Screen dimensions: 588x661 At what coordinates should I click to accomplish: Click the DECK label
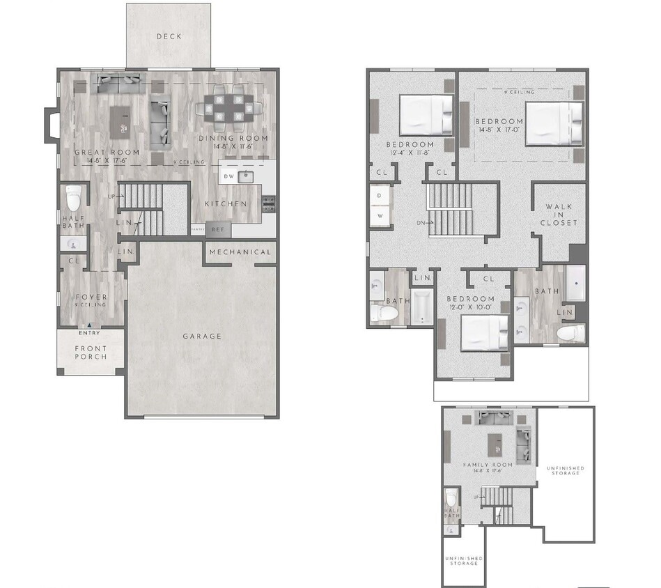click(168, 37)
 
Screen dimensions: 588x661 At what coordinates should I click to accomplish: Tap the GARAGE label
click(202, 336)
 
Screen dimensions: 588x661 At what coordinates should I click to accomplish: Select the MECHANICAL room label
click(240, 252)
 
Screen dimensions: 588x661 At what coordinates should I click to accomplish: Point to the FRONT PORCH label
click(91, 352)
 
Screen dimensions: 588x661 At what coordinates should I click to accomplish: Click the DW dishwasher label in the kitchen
click(228, 177)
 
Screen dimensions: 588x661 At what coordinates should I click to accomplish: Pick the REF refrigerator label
click(219, 229)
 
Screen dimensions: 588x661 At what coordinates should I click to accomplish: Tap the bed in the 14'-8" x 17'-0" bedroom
click(553, 123)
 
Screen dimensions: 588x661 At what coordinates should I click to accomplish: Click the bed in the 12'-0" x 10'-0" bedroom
click(485, 332)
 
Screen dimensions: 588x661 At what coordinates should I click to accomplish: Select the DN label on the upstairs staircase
click(421, 223)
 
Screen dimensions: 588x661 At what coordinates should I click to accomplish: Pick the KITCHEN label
click(226, 204)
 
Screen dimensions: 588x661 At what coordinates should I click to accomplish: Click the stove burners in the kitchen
click(268, 203)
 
